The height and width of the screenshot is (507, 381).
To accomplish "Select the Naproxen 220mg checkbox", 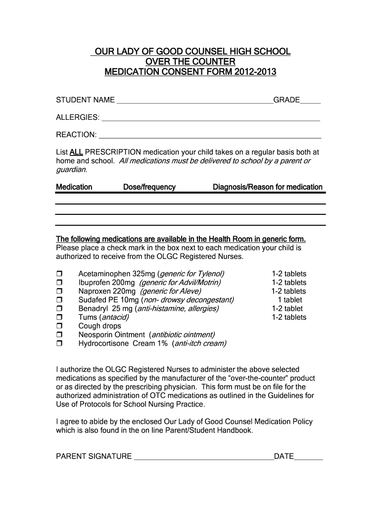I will pyautogui.click(x=59, y=292).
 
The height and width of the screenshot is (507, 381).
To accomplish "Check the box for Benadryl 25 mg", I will pyautogui.click(x=59, y=309).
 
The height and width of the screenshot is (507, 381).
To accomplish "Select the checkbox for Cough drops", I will pyautogui.click(x=59, y=326).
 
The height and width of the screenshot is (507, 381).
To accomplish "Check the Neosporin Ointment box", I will pyautogui.click(x=59, y=335).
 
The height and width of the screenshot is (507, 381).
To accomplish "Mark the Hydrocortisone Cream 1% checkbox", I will pyautogui.click(x=59, y=344).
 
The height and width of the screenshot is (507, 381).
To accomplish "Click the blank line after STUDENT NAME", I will pyautogui.click(x=194, y=101).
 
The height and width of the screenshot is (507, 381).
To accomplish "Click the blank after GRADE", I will pyautogui.click(x=310, y=101).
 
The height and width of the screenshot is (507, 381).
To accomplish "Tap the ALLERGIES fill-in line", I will pyautogui.click(x=210, y=118).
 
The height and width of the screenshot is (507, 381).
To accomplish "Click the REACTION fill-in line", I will pyautogui.click(x=210, y=136).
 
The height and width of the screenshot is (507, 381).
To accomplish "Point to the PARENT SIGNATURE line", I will pyautogui.click(x=203, y=457).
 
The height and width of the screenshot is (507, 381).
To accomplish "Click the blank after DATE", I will pyautogui.click(x=308, y=457).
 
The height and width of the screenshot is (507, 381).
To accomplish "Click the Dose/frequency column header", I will pyautogui.click(x=149, y=187).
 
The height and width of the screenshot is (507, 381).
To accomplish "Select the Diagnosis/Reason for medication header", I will pyautogui.click(x=267, y=187).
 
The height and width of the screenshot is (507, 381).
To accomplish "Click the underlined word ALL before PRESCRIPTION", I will pyautogui.click(x=76, y=152).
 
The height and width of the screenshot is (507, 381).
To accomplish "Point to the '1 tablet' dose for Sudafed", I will pyautogui.click(x=289, y=300).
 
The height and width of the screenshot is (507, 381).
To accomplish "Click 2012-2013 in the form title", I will pyautogui.click(x=255, y=72).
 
